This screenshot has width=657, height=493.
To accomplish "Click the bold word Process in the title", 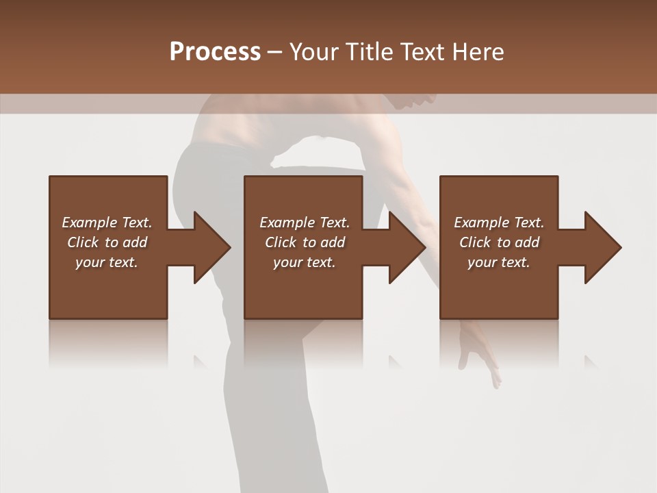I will (x=215, y=51).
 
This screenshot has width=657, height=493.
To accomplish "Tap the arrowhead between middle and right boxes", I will (x=407, y=247).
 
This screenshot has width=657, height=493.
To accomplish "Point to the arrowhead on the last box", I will (x=602, y=247).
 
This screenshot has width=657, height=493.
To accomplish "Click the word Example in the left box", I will (x=89, y=223).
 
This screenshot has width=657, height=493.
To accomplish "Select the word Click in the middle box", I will (x=281, y=242).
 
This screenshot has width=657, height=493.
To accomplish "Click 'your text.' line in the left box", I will (x=107, y=262).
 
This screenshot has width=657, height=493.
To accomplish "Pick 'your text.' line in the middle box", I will (x=304, y=262).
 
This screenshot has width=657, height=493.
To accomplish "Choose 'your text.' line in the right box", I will (x=498, y=262).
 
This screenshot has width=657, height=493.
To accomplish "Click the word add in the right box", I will (x=527, y=242).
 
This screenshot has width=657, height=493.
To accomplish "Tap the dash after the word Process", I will (x=274, y=53).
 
